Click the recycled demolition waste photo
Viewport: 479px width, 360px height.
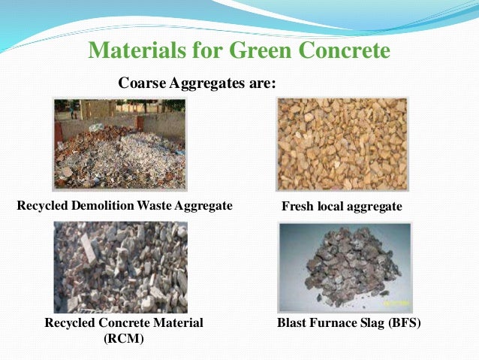coord(119,144)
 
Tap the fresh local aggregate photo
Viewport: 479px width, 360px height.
coord(342,144)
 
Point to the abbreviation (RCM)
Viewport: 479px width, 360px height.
coord(123,337)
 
